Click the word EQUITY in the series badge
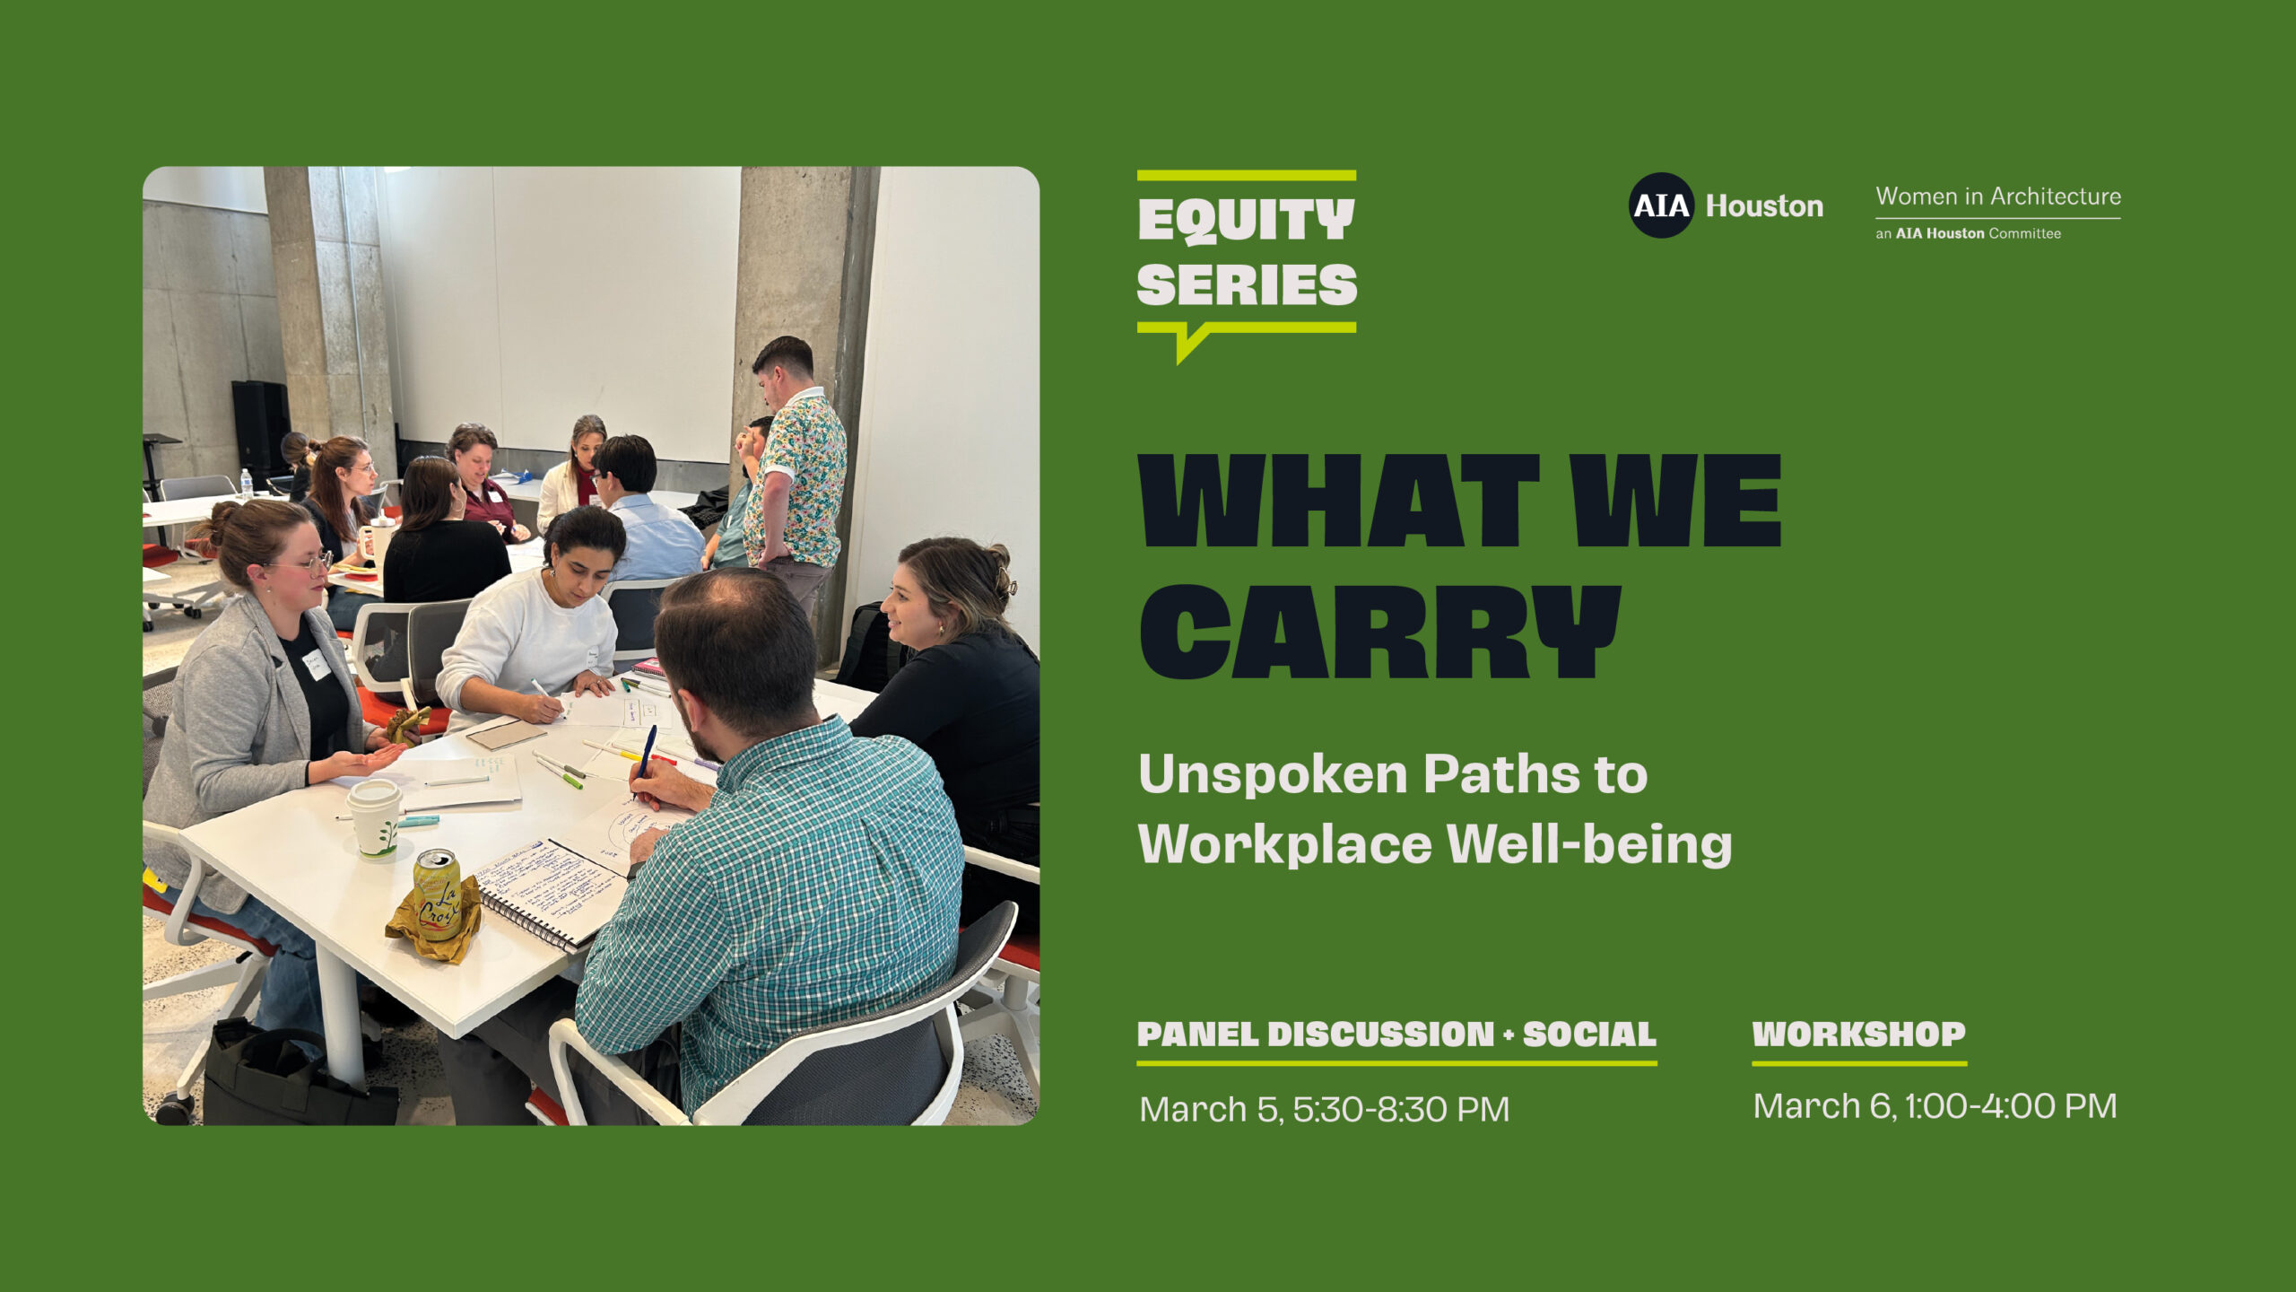coord(1246,221)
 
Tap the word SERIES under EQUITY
coord(1247,285)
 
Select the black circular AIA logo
coord(1661,205)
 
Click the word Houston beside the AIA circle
coord(1764,206)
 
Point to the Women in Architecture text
coord(1998,196)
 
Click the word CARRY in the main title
coord(1379,632)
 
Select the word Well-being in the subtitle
coord(1589,844)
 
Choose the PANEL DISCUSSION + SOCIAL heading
coord(1396,1034)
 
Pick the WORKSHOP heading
coord(1859,1034)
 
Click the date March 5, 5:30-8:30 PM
coord(1324,1110)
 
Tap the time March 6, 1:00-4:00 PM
coord(1935,1106)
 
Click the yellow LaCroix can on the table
coord(438,895)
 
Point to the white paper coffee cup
coord(375,818)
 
